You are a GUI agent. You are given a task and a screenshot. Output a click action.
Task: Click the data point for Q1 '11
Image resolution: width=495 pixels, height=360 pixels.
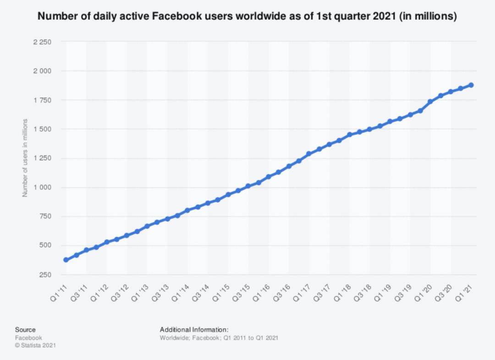click(66, 260)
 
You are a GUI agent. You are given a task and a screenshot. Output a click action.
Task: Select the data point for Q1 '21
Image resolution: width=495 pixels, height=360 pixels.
click(471, 85)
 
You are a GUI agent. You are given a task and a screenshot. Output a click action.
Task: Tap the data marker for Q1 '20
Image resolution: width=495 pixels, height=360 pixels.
click(430, 102)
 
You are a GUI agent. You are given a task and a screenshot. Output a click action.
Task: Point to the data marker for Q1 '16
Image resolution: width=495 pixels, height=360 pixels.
click(269, 176)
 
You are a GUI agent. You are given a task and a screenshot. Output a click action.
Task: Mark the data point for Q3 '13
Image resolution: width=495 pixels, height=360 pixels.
click(167, 218)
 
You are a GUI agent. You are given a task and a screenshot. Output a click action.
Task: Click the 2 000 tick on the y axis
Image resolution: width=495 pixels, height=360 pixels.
click(43, 71)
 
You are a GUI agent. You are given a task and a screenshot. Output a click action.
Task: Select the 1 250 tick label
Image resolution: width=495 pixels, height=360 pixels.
click(43, 158)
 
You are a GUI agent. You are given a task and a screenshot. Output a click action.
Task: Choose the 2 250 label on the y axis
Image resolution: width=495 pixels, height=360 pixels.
click(43, 42)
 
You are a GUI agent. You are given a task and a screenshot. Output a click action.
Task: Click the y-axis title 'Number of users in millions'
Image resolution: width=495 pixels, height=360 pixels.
click(26, 158)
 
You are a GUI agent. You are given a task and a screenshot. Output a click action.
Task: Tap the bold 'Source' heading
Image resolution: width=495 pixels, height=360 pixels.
click(25, 329)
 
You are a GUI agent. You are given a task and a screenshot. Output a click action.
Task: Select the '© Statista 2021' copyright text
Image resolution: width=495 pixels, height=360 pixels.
click(35, 345)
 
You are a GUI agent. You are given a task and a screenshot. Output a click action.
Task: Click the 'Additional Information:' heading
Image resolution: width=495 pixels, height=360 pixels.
click(194, 329)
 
